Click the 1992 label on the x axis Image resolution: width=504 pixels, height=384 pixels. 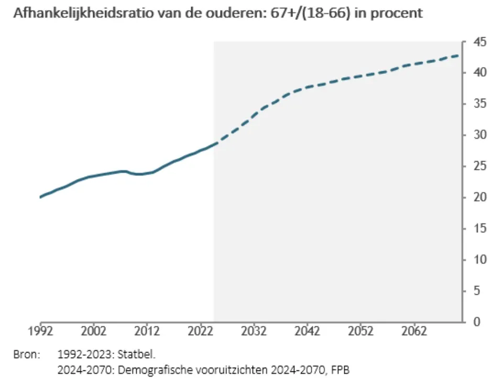(x=40, y=332)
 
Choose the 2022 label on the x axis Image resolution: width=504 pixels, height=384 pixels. (x=201, y=332)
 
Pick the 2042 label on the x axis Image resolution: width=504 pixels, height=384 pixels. (x=308, y=332)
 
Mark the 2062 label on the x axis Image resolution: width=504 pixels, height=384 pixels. (x=414, y=332)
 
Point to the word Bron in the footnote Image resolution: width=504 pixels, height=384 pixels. (x=26, y=355)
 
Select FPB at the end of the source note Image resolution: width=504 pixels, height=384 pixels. (x=339, y=370)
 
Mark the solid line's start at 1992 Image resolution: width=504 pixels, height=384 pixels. (x=40, y=197)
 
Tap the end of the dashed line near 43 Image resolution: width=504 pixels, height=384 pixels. (x=459, y=55)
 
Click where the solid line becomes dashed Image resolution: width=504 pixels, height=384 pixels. (x=214, y=143)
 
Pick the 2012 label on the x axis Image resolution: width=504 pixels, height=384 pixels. (x=147, y=332)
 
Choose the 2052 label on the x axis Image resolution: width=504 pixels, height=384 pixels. (x=361, y=332)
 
